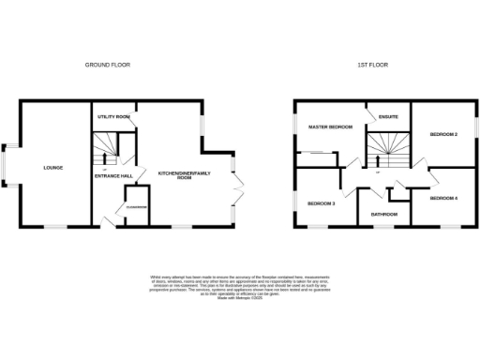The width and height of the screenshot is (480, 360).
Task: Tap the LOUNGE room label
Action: pos(52,168)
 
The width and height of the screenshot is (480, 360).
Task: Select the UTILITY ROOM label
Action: pos(112,117)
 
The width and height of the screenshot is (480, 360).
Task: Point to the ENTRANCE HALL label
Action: pos(112,175)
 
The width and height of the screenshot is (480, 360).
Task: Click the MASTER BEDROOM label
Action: pos(326,127)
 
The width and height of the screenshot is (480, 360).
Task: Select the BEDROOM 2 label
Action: pos(443,135)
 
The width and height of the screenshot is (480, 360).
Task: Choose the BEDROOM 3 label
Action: pos(321,202)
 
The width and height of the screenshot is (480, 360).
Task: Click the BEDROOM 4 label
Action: pos(443,199)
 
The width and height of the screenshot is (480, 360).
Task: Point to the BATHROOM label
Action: pos(383,215)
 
